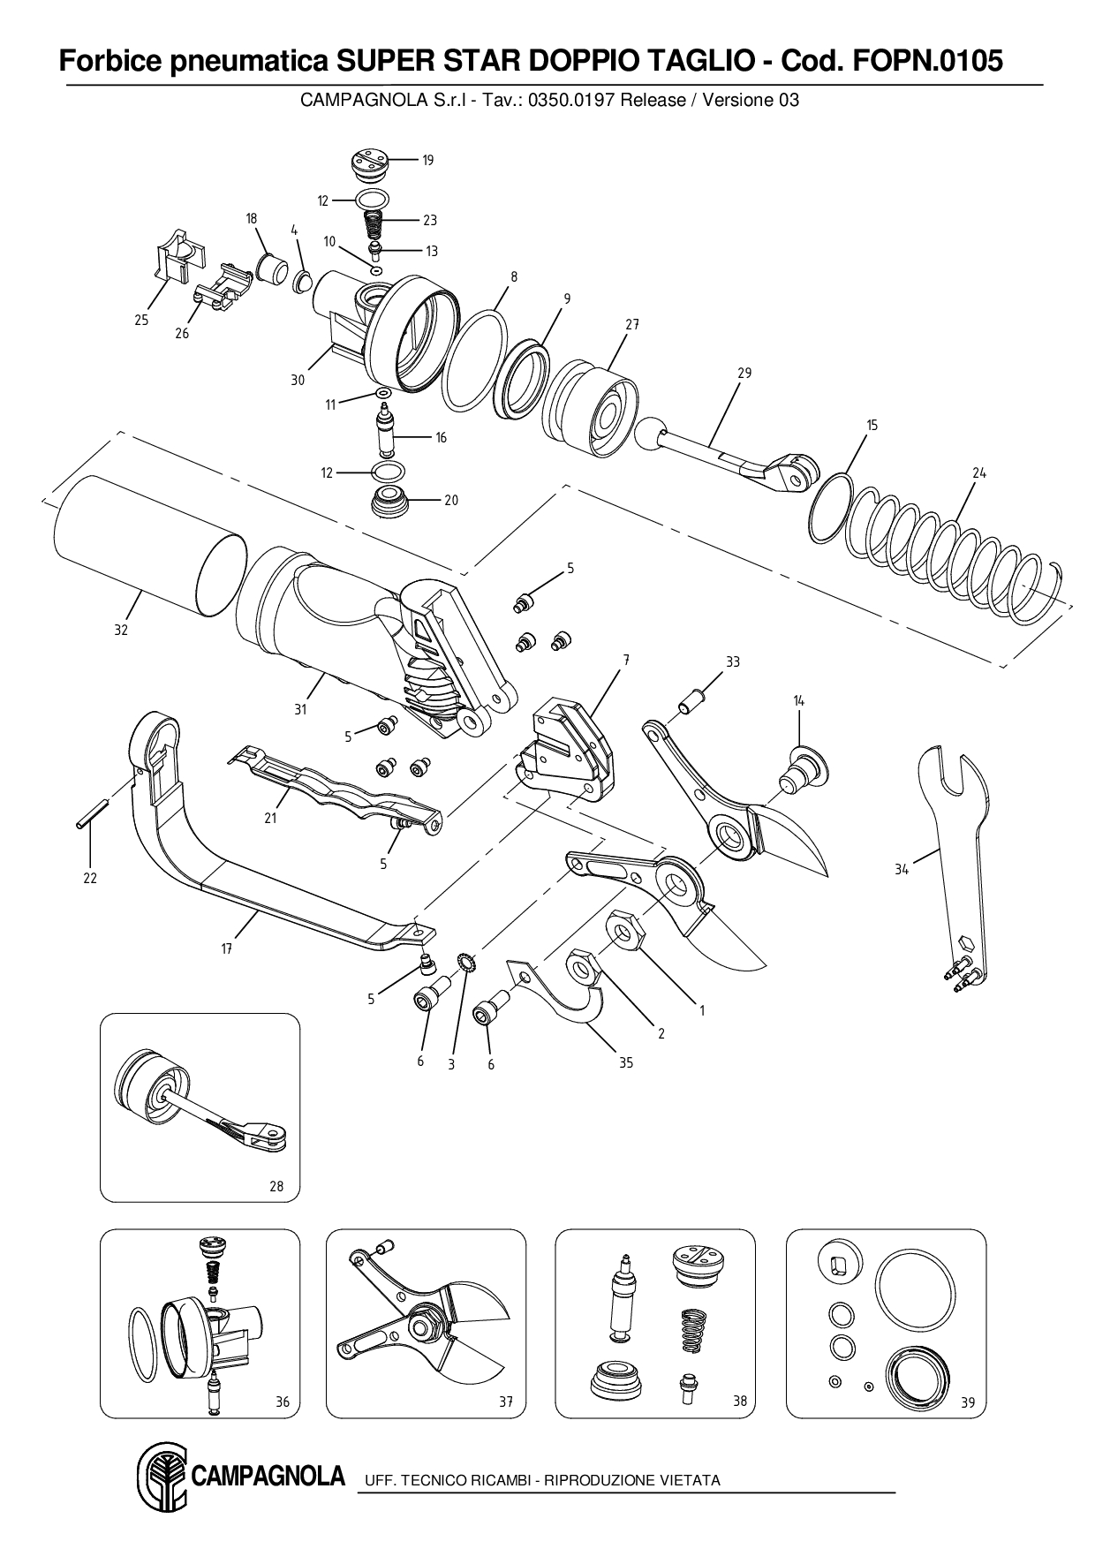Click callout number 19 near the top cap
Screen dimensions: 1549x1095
[427, 161]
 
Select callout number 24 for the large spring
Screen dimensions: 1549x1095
[978, 473]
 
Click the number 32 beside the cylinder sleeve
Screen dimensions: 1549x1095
[121, 631]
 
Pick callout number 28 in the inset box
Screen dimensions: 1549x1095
[276, 1186]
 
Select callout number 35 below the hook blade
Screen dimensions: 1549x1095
[625, 1063]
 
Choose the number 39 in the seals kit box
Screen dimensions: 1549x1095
[968, 1402]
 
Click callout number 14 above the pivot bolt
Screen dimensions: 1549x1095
[798, 701]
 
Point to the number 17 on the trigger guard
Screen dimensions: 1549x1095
[227, 948]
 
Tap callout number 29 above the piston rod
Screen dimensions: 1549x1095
[744, 374]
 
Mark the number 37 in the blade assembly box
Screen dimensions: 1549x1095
[506, 1402]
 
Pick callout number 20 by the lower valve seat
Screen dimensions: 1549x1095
[450, 501]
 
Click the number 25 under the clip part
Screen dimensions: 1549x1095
[141, 321]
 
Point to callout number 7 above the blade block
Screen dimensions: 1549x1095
[625, 661]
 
